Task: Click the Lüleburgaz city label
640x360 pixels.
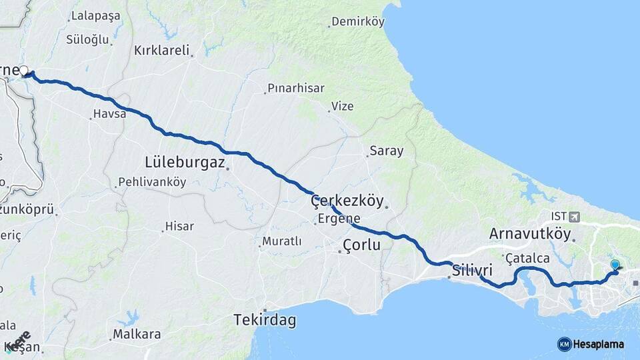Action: coord(185,162)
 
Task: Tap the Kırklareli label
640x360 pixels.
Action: coord(162,50)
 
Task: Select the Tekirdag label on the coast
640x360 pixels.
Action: coord(265,321)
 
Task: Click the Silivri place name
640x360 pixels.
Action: coord(472,271)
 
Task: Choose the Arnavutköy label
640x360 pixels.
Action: coord(530,234)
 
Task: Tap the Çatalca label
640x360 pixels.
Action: coord(527,258)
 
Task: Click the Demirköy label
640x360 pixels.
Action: coord(359,22)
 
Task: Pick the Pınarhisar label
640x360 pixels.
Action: coord(295,88)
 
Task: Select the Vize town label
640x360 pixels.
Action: coord(343,106)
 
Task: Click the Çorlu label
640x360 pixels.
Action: coord(361,245)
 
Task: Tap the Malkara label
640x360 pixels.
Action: coord(137,334)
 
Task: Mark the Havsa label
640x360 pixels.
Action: coord(109,114)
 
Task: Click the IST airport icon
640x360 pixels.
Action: coord(575,217)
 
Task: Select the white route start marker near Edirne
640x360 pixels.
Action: coord(24,70)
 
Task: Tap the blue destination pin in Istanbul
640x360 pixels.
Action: coord(615,265)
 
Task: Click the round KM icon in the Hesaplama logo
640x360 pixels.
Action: coord(564,344)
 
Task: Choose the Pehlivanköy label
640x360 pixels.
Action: coord(152,182)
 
